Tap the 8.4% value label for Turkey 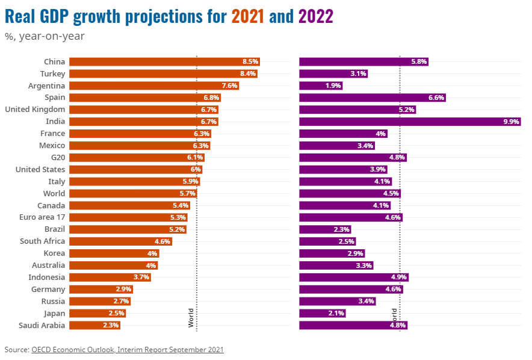click(x=248, y=73)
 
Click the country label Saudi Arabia click(x=42, y=325)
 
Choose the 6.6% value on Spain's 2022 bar click(x=436, y=98)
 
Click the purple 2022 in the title click(x=316, y=17)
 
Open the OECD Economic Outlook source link click(x=128, y=349)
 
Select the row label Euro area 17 click(x=42, y=217)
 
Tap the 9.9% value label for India click(x=512, y=122)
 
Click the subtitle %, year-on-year click(x=45, y=36)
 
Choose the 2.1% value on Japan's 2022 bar click(x=336, y=313)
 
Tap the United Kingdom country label click(x=35, y=110)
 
